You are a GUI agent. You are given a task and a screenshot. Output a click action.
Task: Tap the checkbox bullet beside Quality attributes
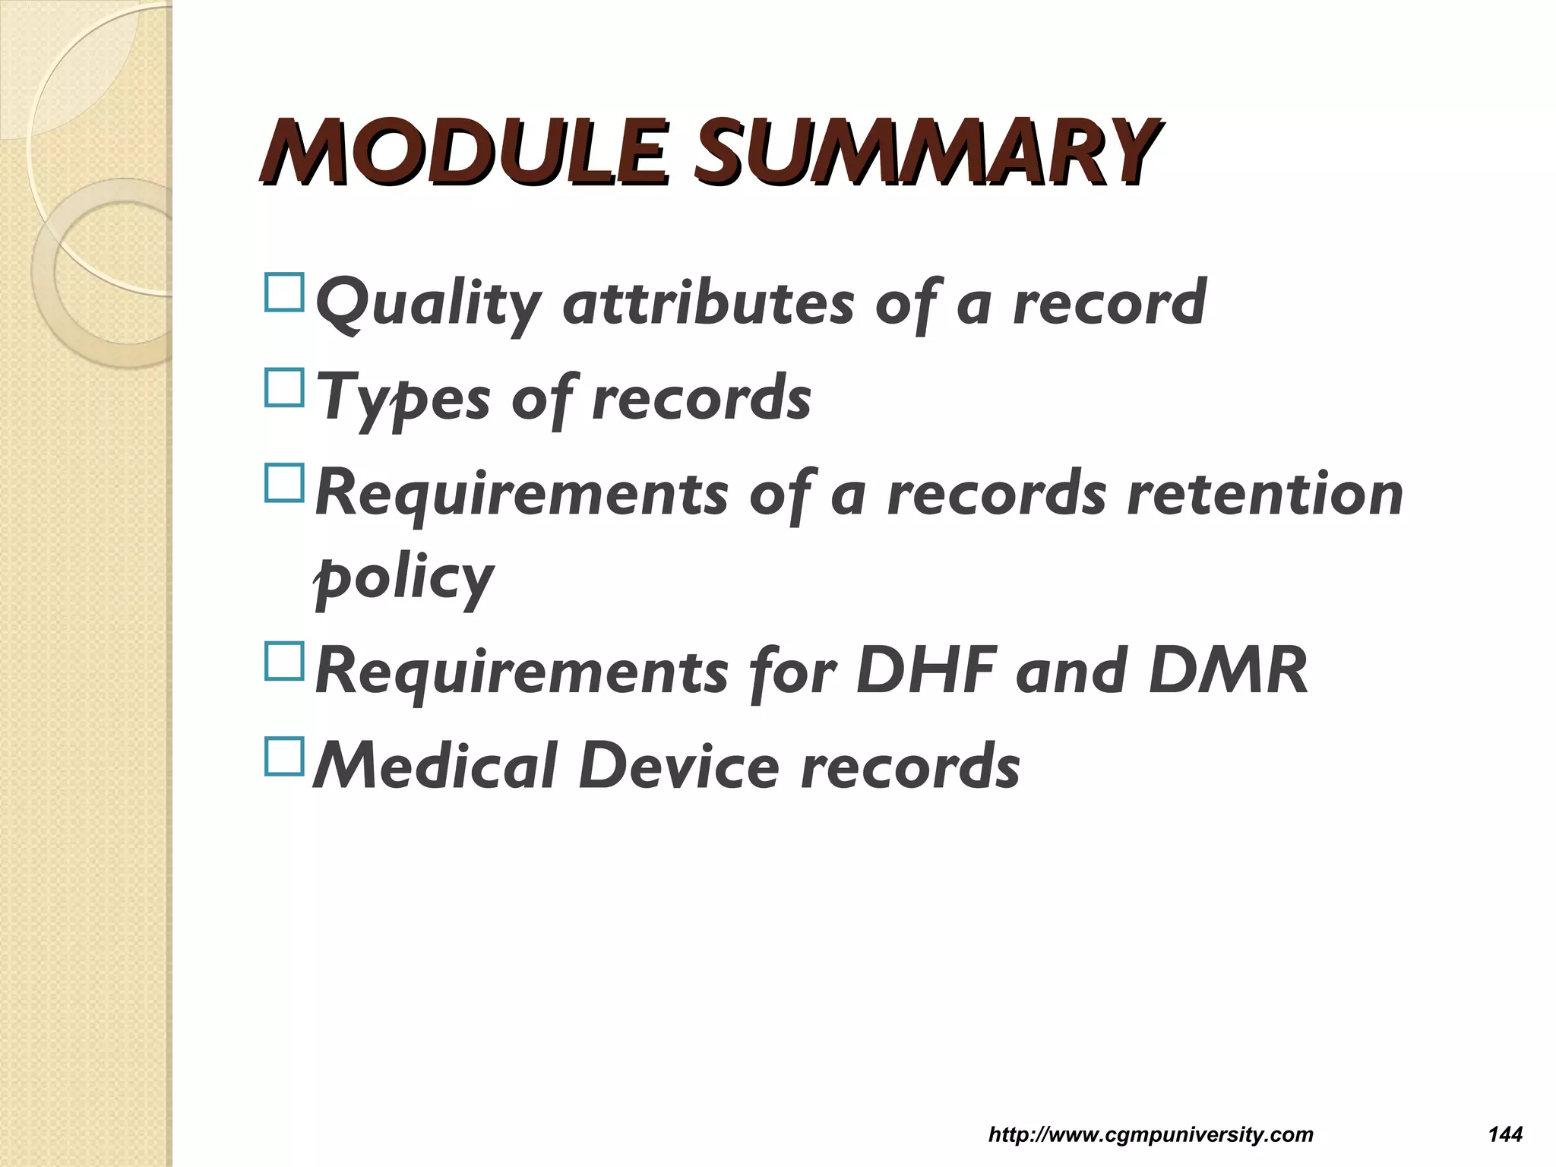click(284, 293)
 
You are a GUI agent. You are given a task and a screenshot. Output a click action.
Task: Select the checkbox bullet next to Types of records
click(284, 387)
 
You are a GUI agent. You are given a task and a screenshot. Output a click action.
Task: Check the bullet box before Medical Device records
click(284, 757)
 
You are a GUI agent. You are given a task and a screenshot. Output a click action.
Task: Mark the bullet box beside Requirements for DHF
click(284, 661)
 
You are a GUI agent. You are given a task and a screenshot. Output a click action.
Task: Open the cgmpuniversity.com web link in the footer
click(1150, 1135)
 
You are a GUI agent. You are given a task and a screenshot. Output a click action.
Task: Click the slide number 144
click(1505, 1135)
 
